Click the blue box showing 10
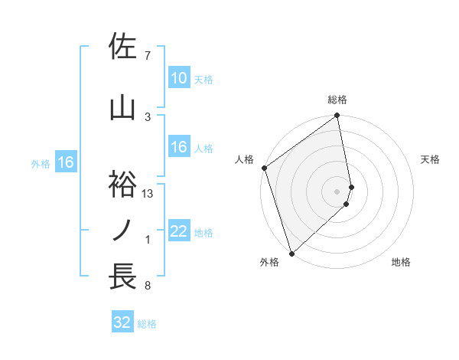[x=178, y=78]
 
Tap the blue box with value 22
[x=178, y=232]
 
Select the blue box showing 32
[x=122, y=323]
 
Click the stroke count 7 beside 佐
[x=147, y=56]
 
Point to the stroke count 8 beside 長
[x=147, y=286]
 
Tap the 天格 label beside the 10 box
[x=203, y=79]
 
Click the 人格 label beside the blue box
[x=203, y=148]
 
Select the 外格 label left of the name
[x=41, y=163]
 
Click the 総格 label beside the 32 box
[x=147, y=324]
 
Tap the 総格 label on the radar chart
[x=337, y=100]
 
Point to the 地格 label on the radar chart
[x=401, y=262]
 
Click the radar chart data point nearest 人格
[x=264, y=168]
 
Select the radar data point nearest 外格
[x=291, y=253]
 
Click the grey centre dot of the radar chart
[x=337, y=191]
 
